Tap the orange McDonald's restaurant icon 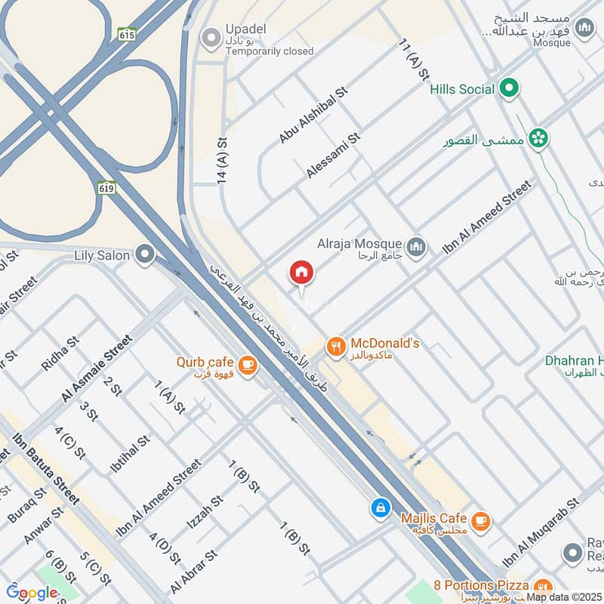point(336,347)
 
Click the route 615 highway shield point(126,34)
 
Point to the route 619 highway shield point(106,186)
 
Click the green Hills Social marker point(510,89)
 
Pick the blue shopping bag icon point(381,507)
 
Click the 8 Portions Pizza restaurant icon point(542,587)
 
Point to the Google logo point(32,593)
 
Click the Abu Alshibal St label point(312,114)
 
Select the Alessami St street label point(334,156)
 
